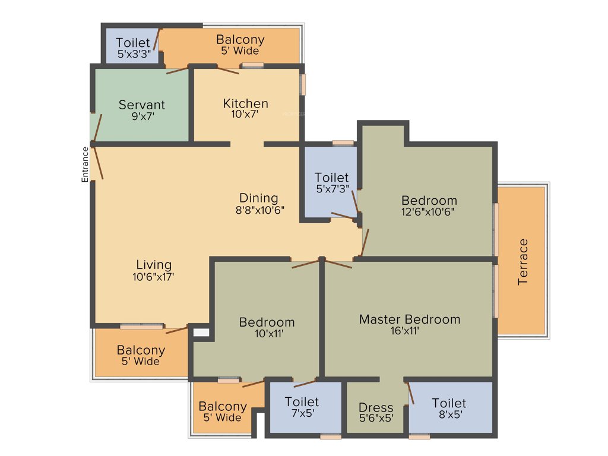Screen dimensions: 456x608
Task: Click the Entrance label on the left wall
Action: pos(85,164)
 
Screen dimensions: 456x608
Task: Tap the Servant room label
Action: pos(142,104)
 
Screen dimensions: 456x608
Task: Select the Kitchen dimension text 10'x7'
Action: pos(245,115)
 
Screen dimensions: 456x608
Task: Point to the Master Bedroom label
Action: pos(409,319)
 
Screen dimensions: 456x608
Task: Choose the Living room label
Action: pos(154,265)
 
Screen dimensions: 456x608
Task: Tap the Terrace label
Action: pos(523,262)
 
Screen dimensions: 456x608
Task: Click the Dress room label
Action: pos(376,408)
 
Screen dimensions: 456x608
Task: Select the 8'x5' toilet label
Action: pos(449,404)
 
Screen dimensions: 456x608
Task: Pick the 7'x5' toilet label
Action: pos(302,402)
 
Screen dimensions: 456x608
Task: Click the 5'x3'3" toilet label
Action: pos(133,43)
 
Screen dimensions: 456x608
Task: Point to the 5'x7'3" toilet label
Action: pos(332,178)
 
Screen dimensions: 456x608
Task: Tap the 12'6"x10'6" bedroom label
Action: pos(429,200)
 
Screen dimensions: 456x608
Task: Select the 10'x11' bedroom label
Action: pos(267,322)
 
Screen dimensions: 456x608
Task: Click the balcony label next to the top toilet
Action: pos(240,40)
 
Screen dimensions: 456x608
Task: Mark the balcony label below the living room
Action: pos(141,350)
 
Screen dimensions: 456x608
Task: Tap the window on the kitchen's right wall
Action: pos(302,84)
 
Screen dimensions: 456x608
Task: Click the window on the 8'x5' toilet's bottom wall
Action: pos(419,436)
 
